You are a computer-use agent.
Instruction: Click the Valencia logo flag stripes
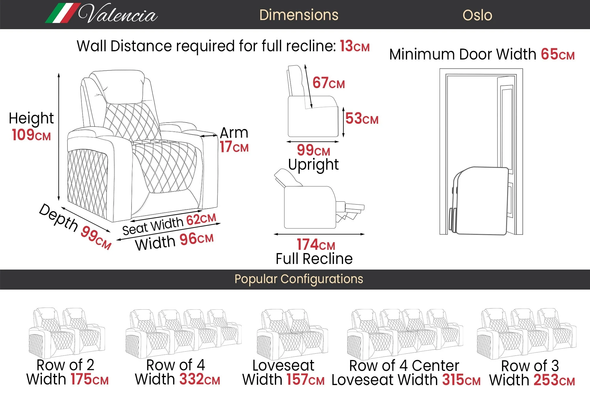(63, 13)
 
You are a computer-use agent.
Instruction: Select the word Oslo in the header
(477, 15)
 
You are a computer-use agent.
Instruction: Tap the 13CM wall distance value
(354, 46)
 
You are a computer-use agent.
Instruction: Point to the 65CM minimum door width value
(557, 55)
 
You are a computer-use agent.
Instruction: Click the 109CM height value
(31, 135)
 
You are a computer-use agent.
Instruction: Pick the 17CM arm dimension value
(234, 147)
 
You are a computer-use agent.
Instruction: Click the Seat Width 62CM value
(201, 219)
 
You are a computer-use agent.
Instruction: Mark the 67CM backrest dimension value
(328, 83)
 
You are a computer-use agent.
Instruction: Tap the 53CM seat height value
(362, 119)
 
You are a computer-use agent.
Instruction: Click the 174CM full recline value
(316, 245)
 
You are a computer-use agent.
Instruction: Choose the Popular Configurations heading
(299, 279)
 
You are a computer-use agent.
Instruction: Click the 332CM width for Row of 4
(199, 379)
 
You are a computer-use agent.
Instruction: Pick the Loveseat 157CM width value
(305, 379)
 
